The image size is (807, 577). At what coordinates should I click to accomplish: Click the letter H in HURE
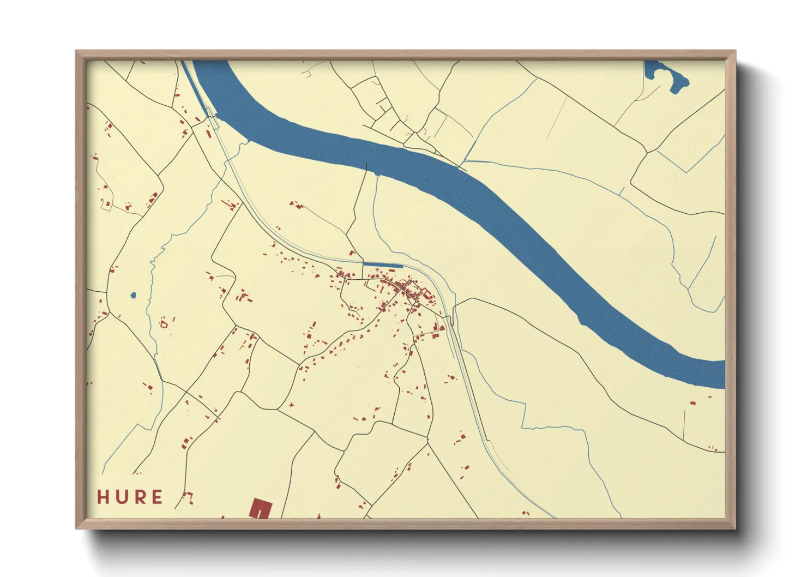[x=104, y=497]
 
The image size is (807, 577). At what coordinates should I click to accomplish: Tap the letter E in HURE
[x=157, y=497]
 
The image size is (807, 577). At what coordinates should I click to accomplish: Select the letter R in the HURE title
[x=140, y=497]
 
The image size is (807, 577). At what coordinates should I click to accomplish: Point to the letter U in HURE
[x=122, y=497]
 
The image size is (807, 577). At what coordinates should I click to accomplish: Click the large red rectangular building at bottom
[x=261, y=508]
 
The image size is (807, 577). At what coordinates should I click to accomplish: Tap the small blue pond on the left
[x=133, y=296]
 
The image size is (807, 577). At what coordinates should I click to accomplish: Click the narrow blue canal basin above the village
[x=383, y=266]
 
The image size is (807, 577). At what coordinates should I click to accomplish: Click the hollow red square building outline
[x=163, y=324]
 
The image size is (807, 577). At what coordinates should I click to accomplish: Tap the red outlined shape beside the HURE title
[x=188, y=496]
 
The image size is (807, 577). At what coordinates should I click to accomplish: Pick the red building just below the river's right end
[x=692, y=403]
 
